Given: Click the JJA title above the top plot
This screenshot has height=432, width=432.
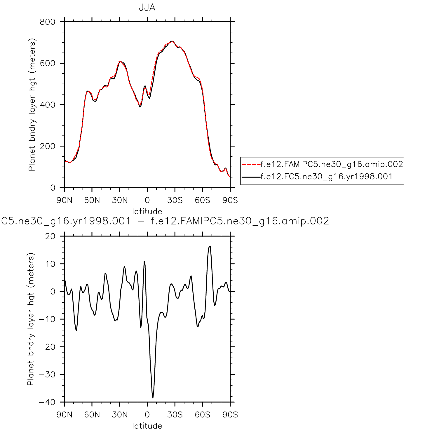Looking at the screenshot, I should tap(147, 8).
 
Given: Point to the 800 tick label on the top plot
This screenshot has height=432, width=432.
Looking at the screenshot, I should tap(48, 22).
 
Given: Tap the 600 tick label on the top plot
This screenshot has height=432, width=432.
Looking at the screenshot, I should tap(48, 63).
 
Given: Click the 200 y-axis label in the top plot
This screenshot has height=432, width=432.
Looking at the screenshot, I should tap(48, 146).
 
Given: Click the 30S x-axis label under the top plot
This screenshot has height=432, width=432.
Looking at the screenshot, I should tap(175, 200).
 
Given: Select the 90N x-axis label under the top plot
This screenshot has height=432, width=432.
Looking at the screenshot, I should tap(65, 200).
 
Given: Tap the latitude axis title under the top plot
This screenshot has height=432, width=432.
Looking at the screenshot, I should tap(147, 211).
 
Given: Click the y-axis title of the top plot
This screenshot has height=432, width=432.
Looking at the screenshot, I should tap(32, 104).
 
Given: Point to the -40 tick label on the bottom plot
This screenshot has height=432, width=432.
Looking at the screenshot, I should tap(47, 402).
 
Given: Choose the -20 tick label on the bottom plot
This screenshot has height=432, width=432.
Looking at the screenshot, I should tap(47, 347).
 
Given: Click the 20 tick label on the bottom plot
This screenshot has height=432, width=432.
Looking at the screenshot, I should tap(50, 236).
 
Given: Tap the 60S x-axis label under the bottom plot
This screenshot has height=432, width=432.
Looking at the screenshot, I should tap(203, 414).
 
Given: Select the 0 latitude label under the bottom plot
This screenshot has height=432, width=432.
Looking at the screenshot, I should tap(147, 414).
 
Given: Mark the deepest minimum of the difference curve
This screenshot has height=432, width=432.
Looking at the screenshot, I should tap(153, 398).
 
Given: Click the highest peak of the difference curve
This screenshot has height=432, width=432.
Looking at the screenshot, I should tap(210, 246).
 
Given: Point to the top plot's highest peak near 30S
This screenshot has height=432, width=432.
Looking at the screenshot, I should tap(172, 41).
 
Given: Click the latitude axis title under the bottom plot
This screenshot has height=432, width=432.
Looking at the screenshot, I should tap(147, 426).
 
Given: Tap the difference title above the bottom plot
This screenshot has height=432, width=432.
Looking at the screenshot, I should tap(165, 221).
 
